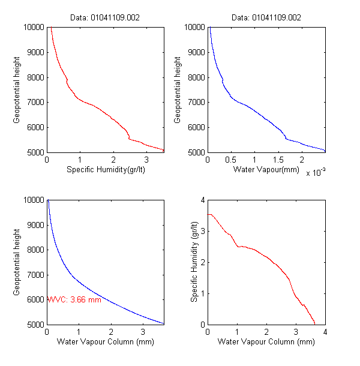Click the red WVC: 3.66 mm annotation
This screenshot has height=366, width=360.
coord(74,299)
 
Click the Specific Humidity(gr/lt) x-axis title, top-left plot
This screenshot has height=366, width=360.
coord(105,170)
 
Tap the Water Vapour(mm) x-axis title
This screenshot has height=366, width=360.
coord(266,170)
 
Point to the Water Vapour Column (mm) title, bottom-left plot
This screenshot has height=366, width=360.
coord(105,342)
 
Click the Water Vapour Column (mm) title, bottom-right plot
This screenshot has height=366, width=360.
coord(266,342)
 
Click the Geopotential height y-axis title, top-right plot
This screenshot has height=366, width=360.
coord(178,89)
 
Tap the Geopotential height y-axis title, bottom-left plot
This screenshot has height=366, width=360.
coord(17,262)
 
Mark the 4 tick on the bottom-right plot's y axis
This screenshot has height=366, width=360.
coord(203,200)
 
